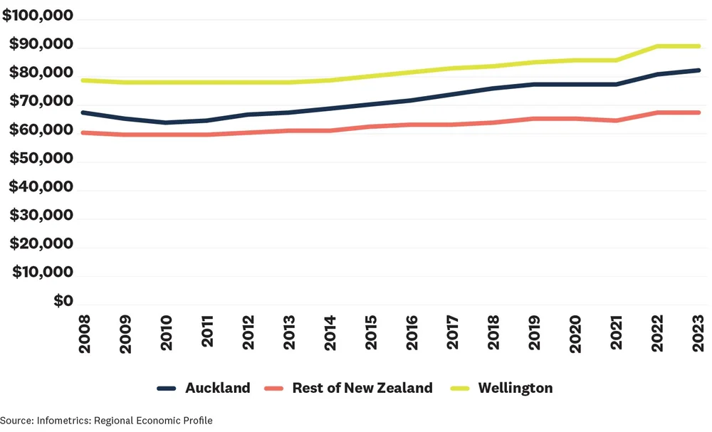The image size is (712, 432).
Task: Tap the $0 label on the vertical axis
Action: pos(63,301)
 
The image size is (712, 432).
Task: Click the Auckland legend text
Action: pos(217,388)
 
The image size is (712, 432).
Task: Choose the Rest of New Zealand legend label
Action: pos(362,388)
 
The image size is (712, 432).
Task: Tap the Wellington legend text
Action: pos(515,388)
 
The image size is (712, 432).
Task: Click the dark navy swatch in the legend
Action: pos(167,389)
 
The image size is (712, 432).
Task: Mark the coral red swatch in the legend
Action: pos(273,389)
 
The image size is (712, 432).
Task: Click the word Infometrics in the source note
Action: pos(59,421)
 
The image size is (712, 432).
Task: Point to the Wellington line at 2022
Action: pos(659,46)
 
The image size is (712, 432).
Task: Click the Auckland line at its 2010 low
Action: pos(165,122)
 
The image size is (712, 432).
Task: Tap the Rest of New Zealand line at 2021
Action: pos(617,120)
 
